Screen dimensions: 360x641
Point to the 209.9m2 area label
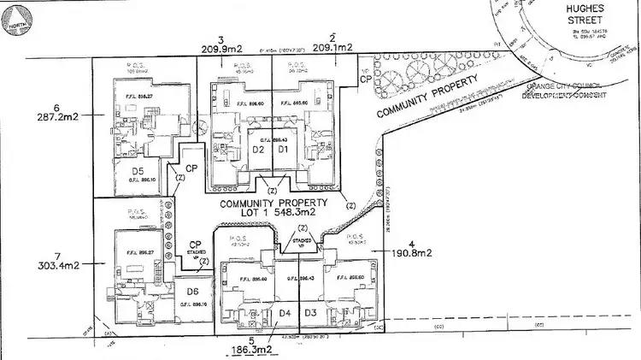221,50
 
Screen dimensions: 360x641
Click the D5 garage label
135,170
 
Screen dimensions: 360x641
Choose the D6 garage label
191,292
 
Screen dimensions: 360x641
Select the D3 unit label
311,314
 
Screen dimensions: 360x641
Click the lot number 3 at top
221,39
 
